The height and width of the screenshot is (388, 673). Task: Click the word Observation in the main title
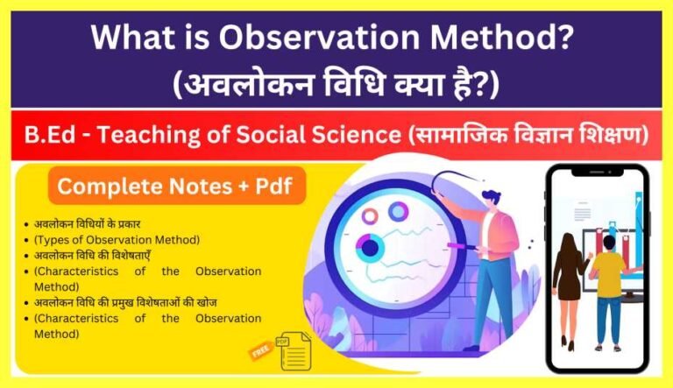click(x=289, y=38)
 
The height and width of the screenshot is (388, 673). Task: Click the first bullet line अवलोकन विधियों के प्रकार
click(x=87, y=223)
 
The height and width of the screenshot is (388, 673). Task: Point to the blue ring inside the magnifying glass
click(x=399, y=211)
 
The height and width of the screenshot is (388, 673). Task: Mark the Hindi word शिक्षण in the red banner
click(x=606, y=137)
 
